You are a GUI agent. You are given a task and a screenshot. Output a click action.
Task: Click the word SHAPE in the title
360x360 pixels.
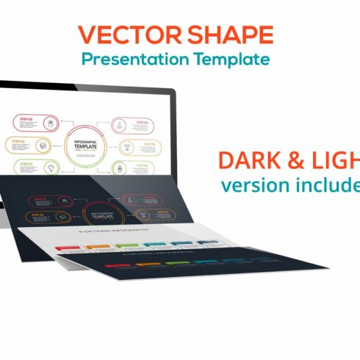click(229, 35)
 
